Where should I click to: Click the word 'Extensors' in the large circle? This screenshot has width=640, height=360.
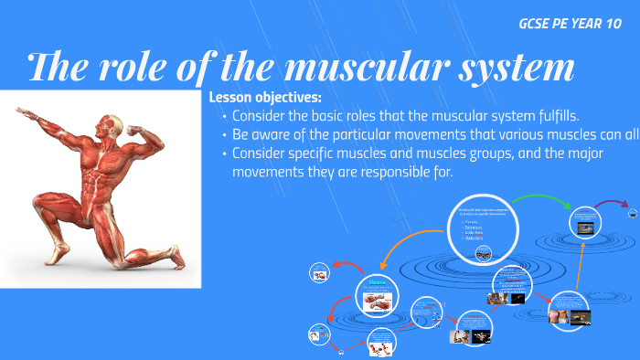coord(475,224)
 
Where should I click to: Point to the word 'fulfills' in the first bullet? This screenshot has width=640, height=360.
coord(553,116)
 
